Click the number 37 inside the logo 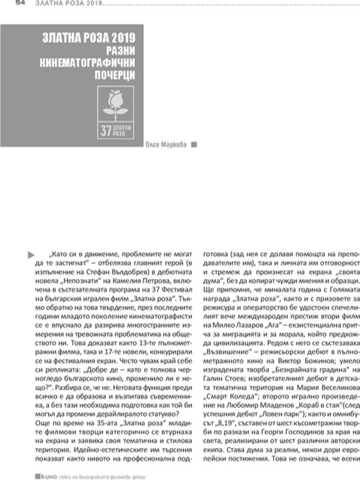click(x=106, y=131)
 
